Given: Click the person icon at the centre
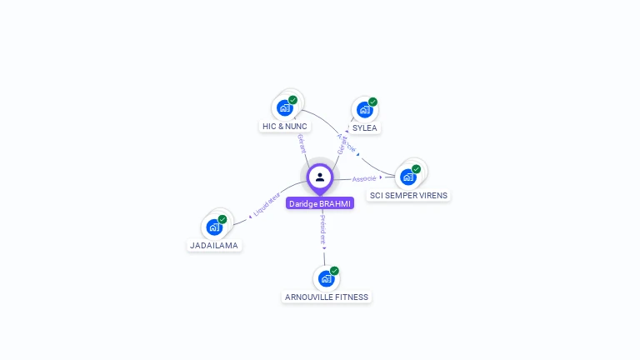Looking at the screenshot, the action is coord(320,177).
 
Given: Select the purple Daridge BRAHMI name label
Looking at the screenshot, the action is coord(320,203).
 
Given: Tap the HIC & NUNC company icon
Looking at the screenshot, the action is coord(285,107).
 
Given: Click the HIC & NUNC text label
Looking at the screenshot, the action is coord(285,127).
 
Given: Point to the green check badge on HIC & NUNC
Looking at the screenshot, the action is coord(293,100).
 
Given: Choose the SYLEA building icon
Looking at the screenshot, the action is coord(364,109).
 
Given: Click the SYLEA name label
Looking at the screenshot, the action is coord(365,128).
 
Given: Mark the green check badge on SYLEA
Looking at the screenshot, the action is coord(372,102).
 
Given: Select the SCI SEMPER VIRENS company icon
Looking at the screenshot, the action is coord(407,177).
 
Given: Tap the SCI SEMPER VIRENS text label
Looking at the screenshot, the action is coord(408,196).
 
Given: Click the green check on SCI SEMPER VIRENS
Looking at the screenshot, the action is coord(416,169).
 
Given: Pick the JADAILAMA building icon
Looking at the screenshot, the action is coord(214,227).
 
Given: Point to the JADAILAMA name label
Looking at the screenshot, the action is coord(214,246).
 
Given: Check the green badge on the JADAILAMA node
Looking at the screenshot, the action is coord(222,219).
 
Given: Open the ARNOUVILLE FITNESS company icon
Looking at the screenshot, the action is coord(326,278).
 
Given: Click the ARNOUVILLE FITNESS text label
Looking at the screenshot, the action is coord(327,297).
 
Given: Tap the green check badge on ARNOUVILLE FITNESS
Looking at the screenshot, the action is coord(334,271).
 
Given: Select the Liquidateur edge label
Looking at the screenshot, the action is coord(267,206).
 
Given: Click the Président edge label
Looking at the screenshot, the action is coord(323,227).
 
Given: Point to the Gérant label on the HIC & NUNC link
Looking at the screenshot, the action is coord(301,143).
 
